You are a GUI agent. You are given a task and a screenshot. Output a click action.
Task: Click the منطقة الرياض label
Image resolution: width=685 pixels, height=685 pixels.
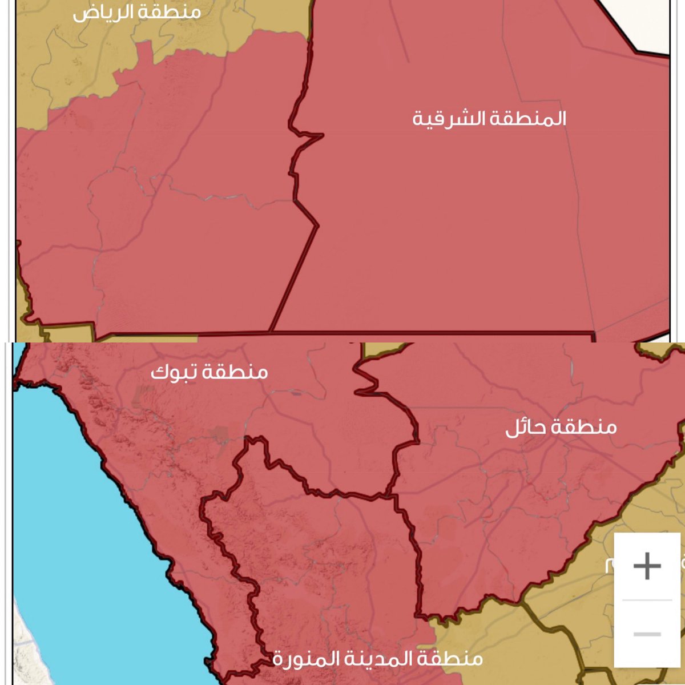(137, 13)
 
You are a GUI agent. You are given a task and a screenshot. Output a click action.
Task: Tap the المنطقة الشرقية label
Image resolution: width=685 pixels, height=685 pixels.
(489, 119)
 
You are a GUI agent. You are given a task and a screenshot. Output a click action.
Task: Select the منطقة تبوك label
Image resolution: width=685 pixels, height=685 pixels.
(209, 372)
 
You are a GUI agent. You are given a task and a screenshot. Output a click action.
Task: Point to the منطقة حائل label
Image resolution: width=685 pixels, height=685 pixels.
(561, 427)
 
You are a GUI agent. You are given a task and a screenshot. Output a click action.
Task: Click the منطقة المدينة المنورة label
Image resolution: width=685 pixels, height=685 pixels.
(377, 659)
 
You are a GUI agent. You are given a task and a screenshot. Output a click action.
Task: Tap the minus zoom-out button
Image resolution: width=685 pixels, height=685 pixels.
(647, 634)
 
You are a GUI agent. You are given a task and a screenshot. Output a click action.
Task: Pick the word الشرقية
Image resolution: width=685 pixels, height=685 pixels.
(449, 119)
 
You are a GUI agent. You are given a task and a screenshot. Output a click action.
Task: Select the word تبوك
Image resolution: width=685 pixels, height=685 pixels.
(168, 372)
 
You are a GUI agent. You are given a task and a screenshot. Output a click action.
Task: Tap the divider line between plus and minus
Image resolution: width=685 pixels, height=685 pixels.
(647, 600)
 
